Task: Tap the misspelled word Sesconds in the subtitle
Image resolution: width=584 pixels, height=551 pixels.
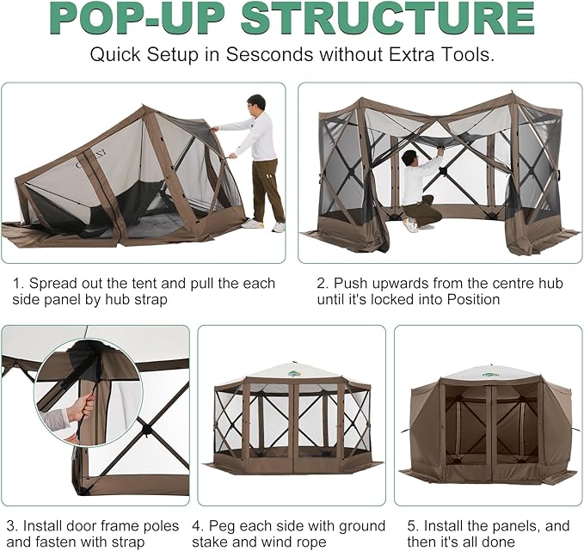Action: pos(270,55)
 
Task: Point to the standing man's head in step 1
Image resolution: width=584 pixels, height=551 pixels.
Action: pos(255,104)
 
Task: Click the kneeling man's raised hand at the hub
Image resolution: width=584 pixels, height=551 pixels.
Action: pos(440,151)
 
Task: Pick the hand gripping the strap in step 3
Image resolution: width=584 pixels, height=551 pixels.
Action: pos(81,409)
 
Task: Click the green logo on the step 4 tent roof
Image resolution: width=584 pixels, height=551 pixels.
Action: pos(293,373)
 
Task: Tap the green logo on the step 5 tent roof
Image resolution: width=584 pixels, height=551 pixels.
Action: pos(490,375)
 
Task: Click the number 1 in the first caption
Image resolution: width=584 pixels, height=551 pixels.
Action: pos(16,284)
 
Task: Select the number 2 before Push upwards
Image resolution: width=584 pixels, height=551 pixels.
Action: pos(321,284)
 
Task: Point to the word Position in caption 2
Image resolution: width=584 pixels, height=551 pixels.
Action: pos(473,299)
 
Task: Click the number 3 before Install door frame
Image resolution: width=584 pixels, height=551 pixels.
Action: pos(11,526)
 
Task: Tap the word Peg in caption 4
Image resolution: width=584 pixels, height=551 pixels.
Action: pos(221,527)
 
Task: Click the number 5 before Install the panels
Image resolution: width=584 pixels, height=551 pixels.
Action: pos(412,526)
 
